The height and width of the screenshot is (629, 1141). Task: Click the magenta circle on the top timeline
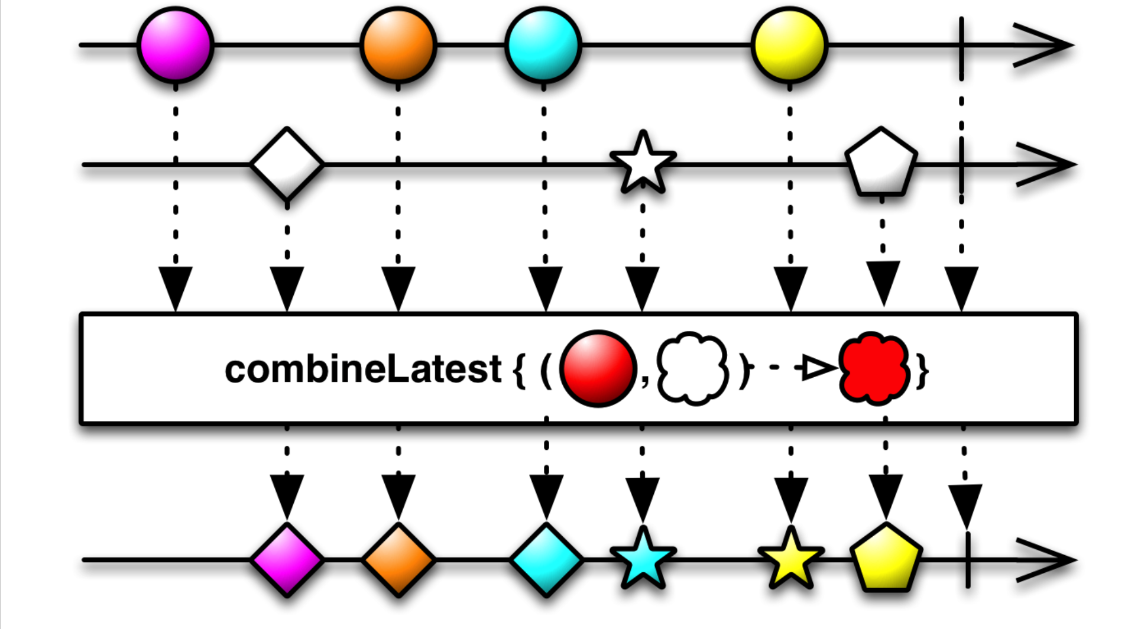[x=175, y=45]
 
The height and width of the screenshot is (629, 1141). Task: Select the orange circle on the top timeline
[x=398, y=45]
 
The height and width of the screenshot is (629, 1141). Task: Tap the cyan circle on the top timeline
[x=543, y=45]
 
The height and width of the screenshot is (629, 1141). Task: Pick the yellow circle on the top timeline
[x=789, y=45]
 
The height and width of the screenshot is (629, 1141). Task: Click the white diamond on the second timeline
[x=287, y=164]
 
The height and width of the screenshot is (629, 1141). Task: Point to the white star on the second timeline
[x=643, y=164]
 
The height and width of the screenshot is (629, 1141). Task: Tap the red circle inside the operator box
[x=597, y=368]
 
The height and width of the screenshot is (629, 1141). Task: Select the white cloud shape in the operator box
[x=692, y=368]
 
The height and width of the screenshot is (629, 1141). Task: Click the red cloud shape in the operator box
[x=874, y=368]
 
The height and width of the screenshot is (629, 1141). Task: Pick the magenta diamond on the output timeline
[x=287, y=559]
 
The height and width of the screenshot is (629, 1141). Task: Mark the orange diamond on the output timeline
[x=398, y=559]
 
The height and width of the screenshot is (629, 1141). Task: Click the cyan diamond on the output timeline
[x=546, y=559]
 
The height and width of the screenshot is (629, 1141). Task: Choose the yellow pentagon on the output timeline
[x=885, y=559]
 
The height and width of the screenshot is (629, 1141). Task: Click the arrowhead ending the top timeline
[x=1043, y=45]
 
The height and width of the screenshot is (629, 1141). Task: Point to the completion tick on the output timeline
[x=968, y=559]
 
